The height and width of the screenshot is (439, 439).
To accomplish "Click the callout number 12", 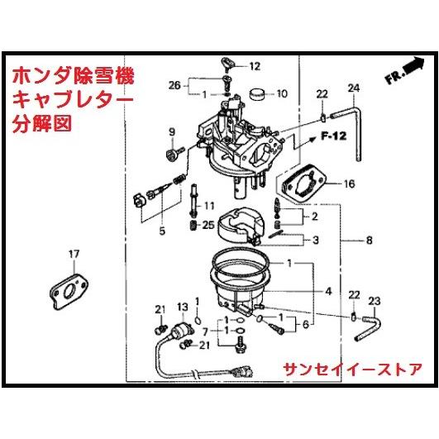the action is click(255, 66).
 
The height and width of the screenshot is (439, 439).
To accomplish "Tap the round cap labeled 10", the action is click(258, 94).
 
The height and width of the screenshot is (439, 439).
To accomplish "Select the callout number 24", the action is click(354, 88).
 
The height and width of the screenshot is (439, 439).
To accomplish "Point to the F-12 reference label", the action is click(334, 136).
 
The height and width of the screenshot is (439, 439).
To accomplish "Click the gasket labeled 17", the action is click(69, 292).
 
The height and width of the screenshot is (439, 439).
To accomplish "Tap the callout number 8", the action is click(370, 240).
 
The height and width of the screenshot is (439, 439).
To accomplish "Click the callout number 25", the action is click(208, 225).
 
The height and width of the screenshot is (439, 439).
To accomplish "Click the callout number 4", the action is click(328, 292).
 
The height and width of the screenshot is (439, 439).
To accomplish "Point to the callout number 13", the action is click(182, 307).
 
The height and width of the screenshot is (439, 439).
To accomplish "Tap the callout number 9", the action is click(172, 132).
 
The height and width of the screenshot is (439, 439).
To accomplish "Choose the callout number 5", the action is click(162, 231).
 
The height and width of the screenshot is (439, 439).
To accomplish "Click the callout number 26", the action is click(174, 85).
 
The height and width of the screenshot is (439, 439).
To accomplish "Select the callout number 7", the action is click(205, 332).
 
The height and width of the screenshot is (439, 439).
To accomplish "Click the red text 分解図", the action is click(42, 123).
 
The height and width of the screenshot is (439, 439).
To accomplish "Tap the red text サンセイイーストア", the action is click(353, 370).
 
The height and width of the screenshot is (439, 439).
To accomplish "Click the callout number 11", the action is click(209, 206).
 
